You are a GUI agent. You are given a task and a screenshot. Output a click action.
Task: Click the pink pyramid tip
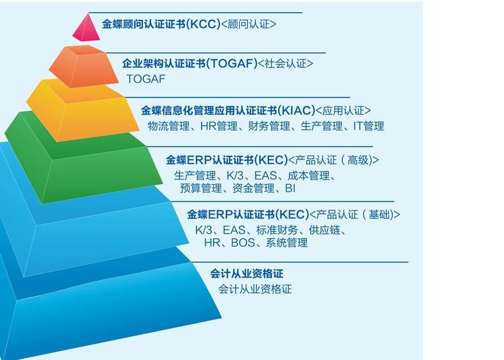[x=86, y=30]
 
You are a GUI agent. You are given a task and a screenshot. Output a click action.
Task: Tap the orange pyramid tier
[x=83, y=67]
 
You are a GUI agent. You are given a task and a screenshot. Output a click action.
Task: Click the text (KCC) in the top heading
[x=203, y=24]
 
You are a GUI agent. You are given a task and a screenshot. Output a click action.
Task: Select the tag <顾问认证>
[x=249, y=24]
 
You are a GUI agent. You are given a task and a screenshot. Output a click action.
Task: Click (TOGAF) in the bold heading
[x=232, y=63]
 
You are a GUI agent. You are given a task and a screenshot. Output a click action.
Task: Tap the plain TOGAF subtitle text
[x=146, y=79]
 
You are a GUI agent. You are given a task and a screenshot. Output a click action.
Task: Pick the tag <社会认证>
[x=286, y=63]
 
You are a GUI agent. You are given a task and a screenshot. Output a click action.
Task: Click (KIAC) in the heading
[x=297, y=111]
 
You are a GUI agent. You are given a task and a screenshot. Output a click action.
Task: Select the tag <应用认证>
[x=344, y=111]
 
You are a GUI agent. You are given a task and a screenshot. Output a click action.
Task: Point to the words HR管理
[x=219, y=126]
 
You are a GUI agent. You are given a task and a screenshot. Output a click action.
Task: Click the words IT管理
[x=368, y=126]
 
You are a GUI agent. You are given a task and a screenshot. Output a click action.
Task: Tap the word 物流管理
[x=169, y=126]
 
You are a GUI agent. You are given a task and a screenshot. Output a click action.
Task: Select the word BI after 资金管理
[x=290, y=188]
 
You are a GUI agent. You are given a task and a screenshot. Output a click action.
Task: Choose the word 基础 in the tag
[x=379, y=214]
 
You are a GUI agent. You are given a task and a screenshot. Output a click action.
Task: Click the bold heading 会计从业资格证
[x=247, y=274]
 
